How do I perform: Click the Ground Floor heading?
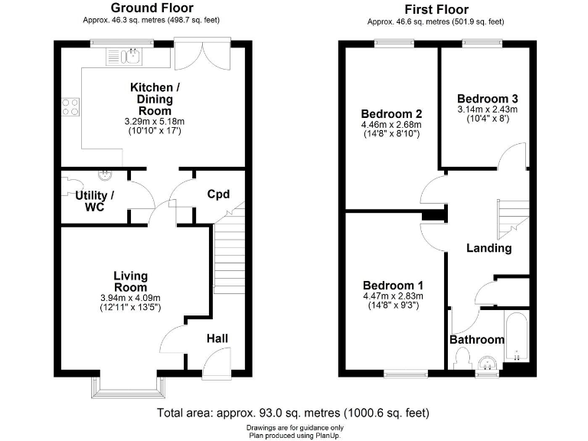152,8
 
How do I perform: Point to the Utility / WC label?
94,201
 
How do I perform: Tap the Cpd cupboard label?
218,194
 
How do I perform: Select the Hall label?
217,338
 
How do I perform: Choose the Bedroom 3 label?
487,99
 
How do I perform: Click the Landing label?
488,248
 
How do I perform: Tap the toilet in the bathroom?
462,358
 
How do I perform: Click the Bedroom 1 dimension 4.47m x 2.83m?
392,295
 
